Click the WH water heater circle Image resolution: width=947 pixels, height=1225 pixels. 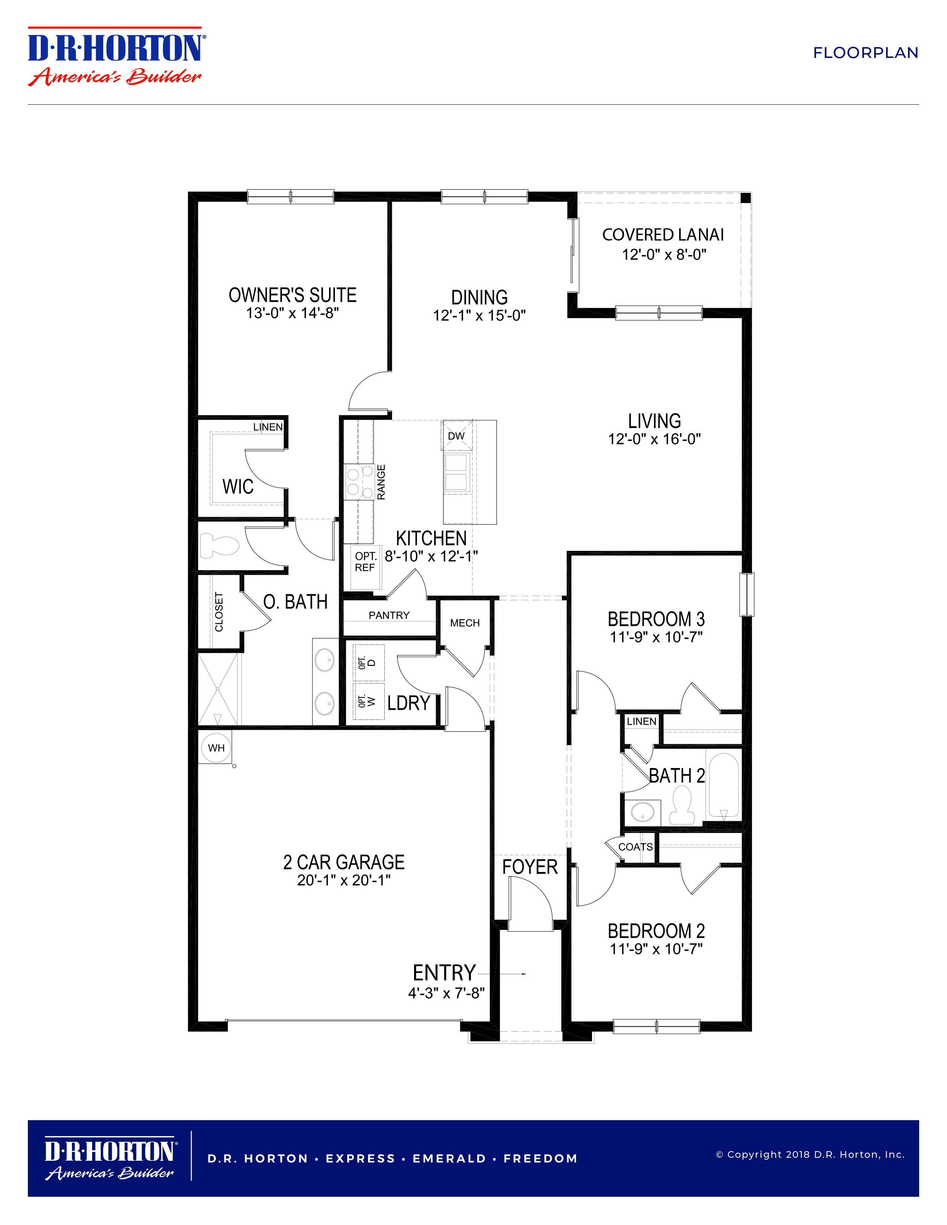coord(216,748)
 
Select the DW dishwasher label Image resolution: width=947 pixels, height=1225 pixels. coord(456,436)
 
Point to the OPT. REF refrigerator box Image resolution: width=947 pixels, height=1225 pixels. coord(365,567)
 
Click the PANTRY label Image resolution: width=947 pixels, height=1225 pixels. coord(389,615)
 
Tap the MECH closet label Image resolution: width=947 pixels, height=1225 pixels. coord(465,623)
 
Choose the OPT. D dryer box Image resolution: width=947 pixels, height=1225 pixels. coord(369,662)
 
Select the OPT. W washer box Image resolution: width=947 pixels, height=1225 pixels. coord(369,700)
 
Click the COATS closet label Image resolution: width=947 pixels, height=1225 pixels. coord(635,847)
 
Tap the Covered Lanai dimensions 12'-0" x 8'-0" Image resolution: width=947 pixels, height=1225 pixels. coord(664,255)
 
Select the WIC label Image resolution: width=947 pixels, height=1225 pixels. coord(238,486)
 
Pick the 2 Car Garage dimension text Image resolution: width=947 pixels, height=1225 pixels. coord(344,880)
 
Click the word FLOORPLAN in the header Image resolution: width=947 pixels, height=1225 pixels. coord(866,53)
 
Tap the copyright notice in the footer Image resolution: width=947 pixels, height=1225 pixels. coord(810,1154)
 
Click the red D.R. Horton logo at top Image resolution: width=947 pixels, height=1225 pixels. coord(117,56)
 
